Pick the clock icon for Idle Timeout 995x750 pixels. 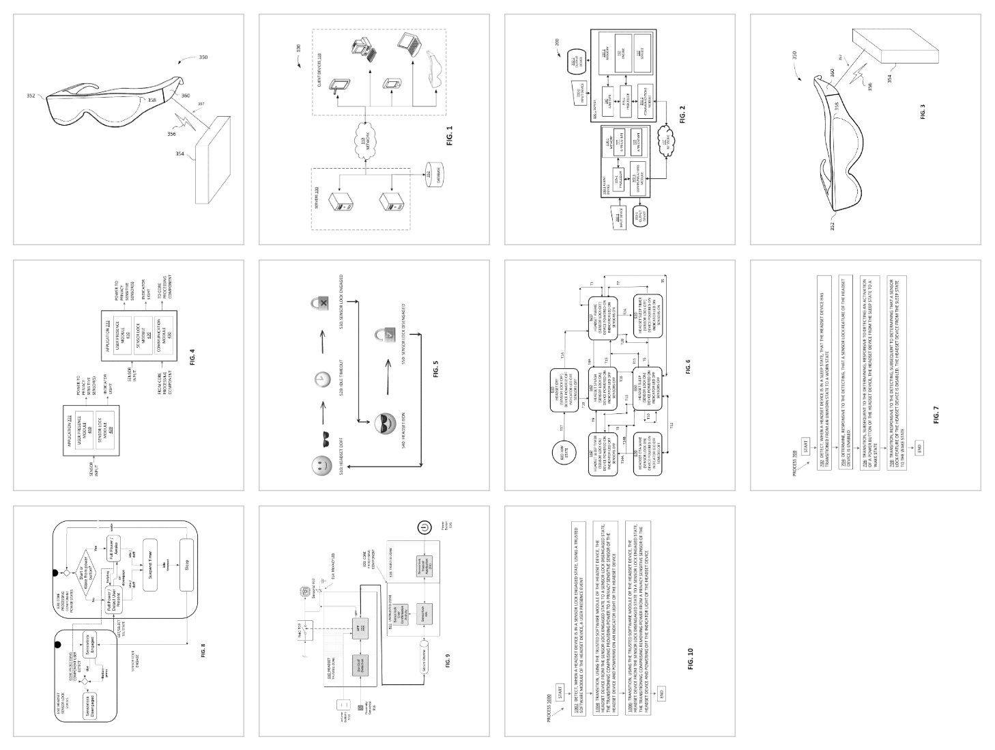(x=319, y=378)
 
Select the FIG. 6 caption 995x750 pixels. (x=688, y=367)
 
